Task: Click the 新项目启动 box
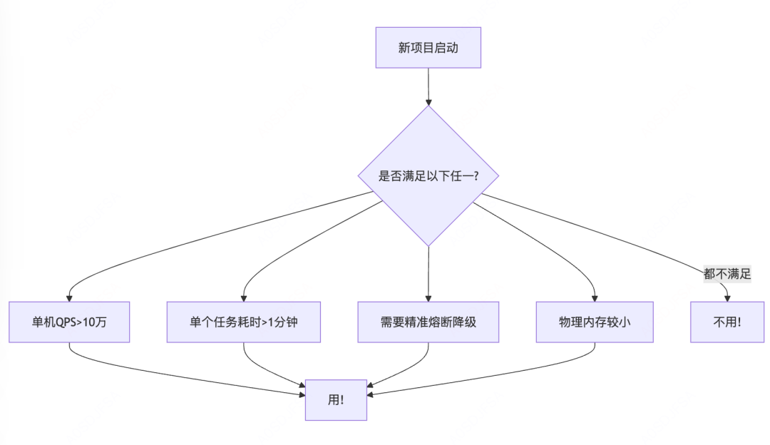tap(428, 48)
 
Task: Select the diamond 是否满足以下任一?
tap(428, 175)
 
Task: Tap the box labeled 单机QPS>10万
tap(69, 322)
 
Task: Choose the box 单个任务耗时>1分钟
tap(243, 322)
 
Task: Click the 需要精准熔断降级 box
tap(428, 322)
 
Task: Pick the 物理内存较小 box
tap(595, 322)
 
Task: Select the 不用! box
tap(727, 322)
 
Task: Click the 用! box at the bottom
tap(336, 399)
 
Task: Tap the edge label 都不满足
tap(727, 274)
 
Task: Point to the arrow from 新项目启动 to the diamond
tap(428, 86)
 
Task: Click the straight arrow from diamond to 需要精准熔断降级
tap(428, 271)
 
